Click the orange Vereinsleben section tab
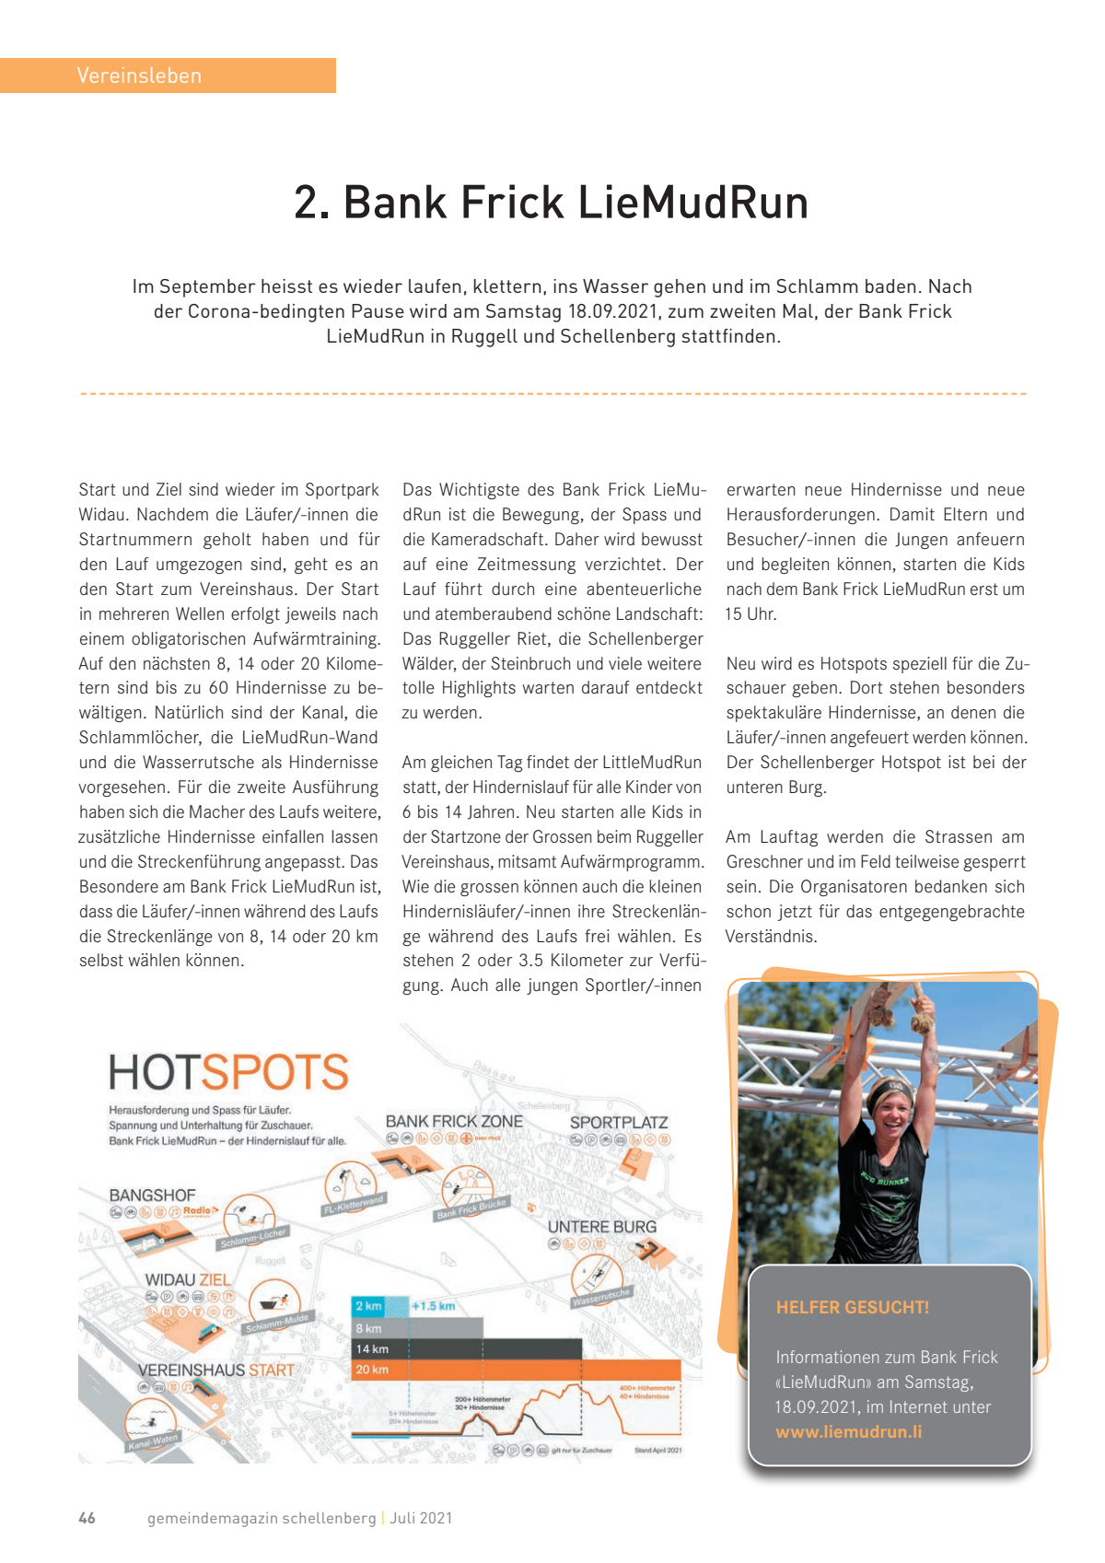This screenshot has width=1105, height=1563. (x=167, y=76)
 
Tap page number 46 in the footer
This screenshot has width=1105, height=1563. (x=87, y=1518)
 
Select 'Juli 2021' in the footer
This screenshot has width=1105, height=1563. (x=422, y=1518)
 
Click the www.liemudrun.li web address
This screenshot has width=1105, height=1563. (x=848, y=1432)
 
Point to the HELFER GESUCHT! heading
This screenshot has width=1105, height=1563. (x=852, y=1307)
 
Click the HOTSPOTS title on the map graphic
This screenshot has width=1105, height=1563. (x=228, y=1073)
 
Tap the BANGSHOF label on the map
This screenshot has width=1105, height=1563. (x=152, y=1196)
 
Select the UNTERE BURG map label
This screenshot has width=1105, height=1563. (x=602, y=1227)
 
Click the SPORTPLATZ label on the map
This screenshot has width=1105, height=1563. (x=618, y=1123)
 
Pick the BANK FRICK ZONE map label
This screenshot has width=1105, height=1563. (x=454, y=1122)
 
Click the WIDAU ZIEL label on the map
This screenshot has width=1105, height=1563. (x=188, y=1280)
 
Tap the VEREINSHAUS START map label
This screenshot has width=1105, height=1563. (x=216, y=1371)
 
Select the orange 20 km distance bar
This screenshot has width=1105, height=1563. (x=516, y=1370)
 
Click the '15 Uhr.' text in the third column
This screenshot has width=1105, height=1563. (x=751, y=614)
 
